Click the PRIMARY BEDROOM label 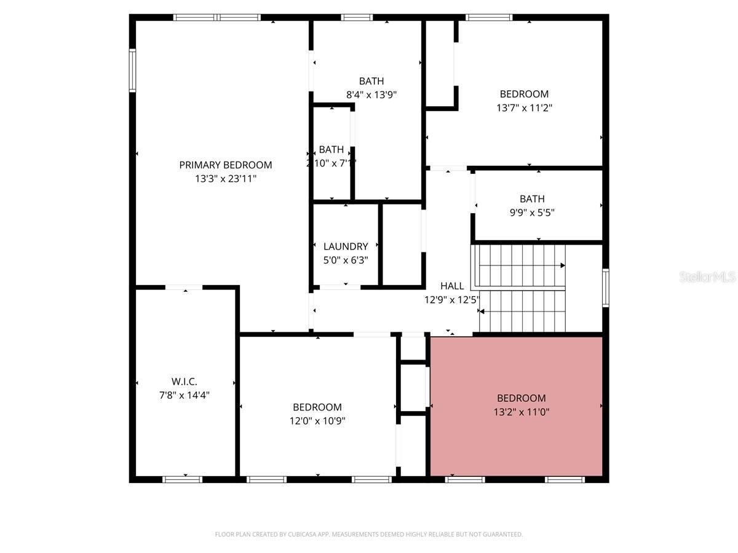click(225, 165)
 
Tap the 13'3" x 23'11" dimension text click(225, 179)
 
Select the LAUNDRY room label click(346, 246)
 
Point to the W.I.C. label click(184, 382)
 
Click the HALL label click(452, 286)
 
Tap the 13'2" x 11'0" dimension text click(522, 412)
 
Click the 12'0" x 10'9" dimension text click(317, 421)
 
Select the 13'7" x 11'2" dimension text click(524, 108)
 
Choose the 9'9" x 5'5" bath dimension click(532, 213)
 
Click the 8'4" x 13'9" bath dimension click(371, 95)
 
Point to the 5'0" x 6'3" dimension click(346, 260)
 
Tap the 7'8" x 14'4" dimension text click(184, 395)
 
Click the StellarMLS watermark click(707, 277)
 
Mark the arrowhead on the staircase click(562, 266)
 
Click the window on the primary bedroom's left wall click(132, 71)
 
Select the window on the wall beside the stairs click(606, 288)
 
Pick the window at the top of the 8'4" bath click(357, 17)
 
